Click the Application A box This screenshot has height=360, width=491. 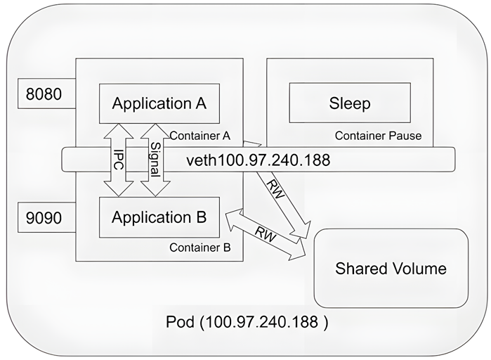159,103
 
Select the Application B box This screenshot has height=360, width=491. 159,217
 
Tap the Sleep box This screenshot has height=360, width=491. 349,103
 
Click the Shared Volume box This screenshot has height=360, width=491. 390,268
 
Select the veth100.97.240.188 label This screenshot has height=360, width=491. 258,160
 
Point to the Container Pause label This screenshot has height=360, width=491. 378,135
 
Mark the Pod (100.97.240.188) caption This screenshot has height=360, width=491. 247,323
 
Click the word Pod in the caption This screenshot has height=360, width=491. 181,323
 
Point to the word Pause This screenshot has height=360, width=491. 405,135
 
